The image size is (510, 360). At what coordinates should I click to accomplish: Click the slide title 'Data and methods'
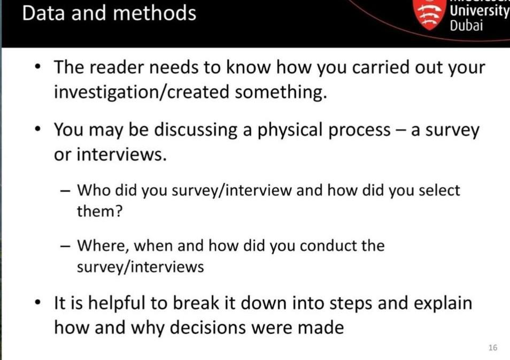click(109, 13)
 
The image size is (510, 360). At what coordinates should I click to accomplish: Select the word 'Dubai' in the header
click(466, 25)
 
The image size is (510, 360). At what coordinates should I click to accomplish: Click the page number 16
click(493, 348)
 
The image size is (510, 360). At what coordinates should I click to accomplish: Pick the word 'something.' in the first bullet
click(281, 92)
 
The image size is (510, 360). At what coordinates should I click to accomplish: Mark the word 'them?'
click(99, 211)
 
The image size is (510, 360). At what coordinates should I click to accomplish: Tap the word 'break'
click(196, 303)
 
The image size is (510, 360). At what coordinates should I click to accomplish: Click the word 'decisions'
click(208, 327)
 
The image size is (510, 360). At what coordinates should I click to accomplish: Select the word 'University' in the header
click(480, 11)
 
